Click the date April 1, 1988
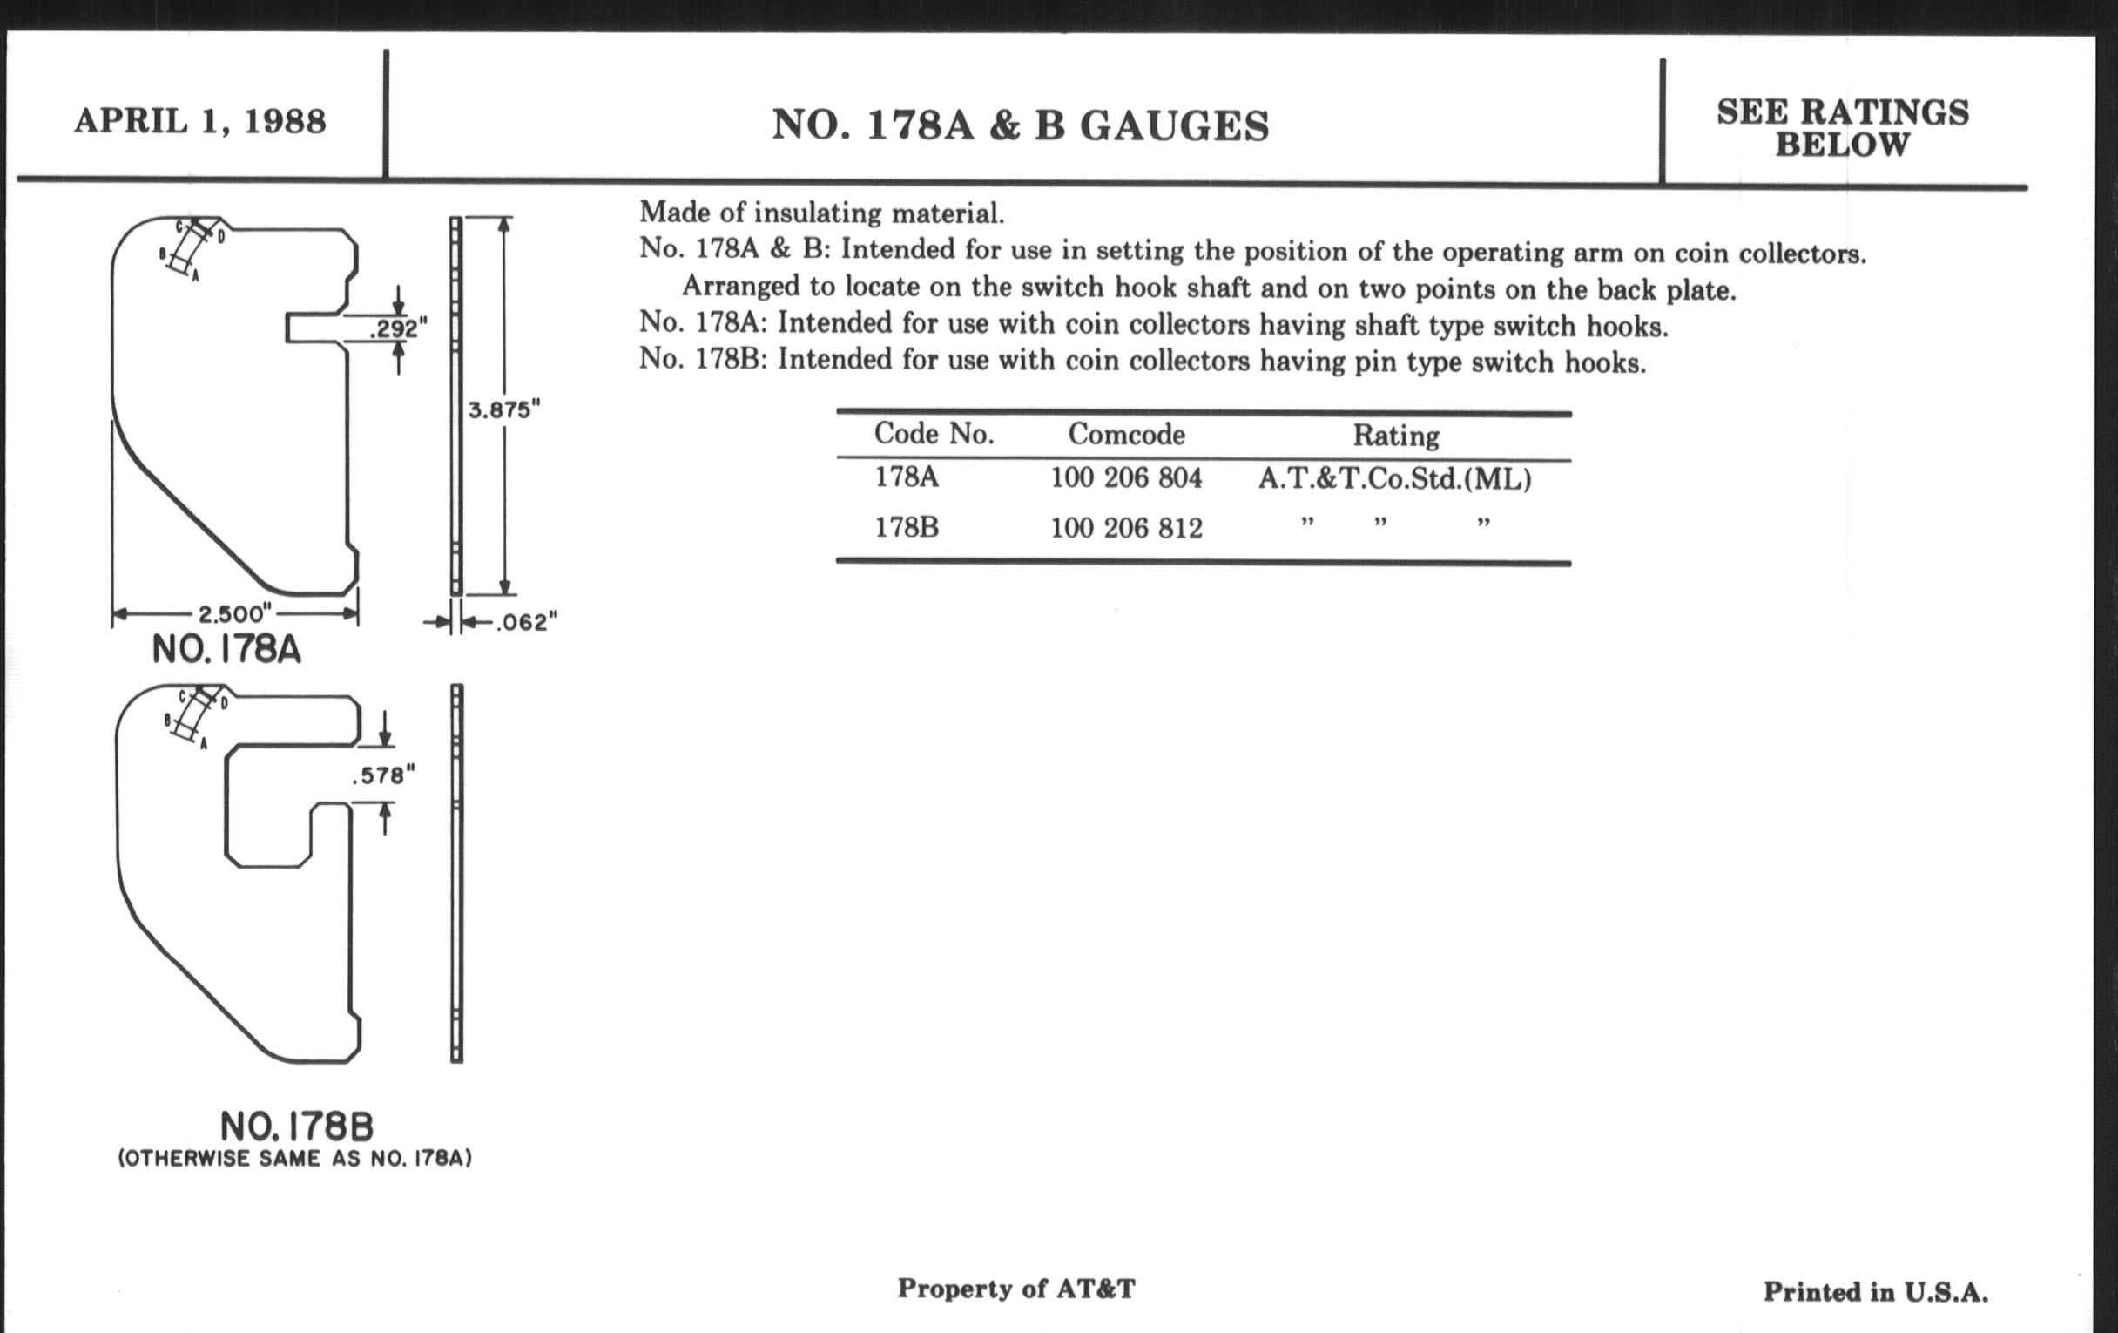point(199,121)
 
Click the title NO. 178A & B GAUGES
point(1021,125)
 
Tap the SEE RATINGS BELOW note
point(1842,128)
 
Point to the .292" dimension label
point(399,329)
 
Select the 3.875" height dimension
point(503,410)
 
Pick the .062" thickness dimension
point(526,623)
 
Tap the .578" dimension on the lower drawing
point(382,775)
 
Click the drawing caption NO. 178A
point(226,650)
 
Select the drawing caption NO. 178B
point(296,1127)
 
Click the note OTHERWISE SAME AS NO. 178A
point(294,1159)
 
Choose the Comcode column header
point(1126,434)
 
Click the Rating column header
point(1395,436)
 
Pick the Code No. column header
point(934,433)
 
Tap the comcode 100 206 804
point(1126,477)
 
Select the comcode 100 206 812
point(1126,528)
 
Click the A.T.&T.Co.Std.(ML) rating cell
point(1394,478)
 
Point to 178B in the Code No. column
point(906,527)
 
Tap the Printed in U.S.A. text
point(1875,1292)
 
